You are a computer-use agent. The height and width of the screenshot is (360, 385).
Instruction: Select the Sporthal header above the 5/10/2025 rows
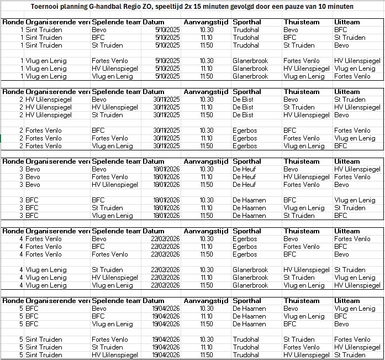247,22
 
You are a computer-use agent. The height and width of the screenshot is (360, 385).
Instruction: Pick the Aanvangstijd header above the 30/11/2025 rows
206,92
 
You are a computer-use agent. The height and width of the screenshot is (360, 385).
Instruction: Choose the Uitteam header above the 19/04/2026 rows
347,301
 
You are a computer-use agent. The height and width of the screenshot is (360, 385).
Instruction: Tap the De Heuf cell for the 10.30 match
244,169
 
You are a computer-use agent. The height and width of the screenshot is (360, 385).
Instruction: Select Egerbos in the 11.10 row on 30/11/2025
245,138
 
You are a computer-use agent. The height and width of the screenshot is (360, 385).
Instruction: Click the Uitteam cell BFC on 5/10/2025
341,30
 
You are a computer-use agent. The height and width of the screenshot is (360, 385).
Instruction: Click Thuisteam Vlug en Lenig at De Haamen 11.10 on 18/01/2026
304,208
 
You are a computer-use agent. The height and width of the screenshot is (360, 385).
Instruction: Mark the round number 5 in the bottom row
22,355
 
